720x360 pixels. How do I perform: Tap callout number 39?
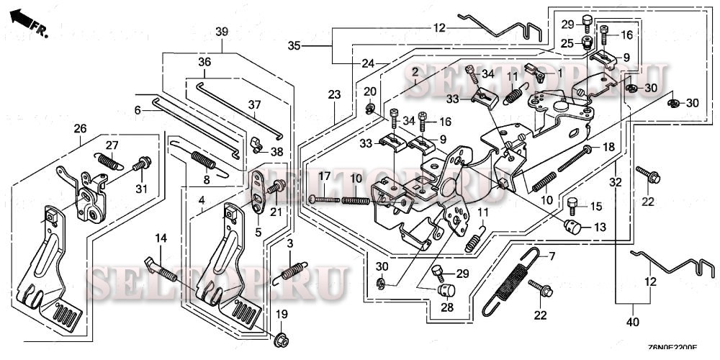(222, 32)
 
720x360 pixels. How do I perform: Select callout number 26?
(80, 129)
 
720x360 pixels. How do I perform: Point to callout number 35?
(294, 45)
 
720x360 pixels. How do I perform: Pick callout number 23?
(333, 94)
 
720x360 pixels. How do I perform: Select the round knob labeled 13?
(572, 228)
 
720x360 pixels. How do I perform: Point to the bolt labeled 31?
(143, 164)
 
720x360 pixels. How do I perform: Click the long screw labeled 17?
(325, 199)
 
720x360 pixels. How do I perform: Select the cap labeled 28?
(446, 290)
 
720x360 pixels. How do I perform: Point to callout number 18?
(608, 147)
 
